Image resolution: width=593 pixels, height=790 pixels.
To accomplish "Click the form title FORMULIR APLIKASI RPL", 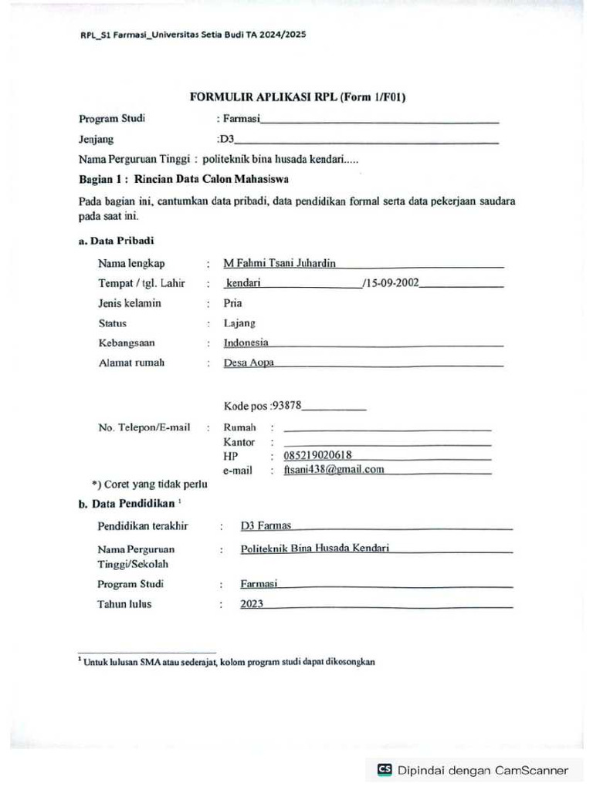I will [x=298, y=97].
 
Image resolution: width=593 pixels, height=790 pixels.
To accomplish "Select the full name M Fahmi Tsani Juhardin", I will [x=280, y=263].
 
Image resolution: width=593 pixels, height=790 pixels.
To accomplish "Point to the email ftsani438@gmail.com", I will [x=334, y=469].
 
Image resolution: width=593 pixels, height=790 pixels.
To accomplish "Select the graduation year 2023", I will [x=251, y=604].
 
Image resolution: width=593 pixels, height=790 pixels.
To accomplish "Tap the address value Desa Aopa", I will [x=249, y=363].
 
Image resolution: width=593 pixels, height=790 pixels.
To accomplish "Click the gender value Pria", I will [x=232, y=303].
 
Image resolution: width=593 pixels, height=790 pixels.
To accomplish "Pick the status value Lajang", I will [x=239, y=323].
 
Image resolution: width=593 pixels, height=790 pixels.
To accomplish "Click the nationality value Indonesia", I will [x=246, y=343].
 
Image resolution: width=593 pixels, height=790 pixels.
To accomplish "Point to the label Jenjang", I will [x=96, y=140].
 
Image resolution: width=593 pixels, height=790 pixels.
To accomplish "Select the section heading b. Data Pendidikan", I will [x=127, y=504].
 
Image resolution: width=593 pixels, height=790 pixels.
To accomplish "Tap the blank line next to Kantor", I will [x=387, y=443].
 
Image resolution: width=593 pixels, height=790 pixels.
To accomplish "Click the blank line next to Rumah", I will [x=387, y=427].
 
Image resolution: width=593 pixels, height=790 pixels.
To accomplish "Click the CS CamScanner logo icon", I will [x=385, y=770].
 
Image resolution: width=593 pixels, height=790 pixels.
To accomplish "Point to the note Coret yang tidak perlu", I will [x=149, y=484].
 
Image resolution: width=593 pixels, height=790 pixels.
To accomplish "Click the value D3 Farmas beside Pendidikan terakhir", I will [x=266, y=526].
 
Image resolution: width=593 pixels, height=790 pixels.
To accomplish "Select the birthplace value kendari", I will [x=242, y=283].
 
